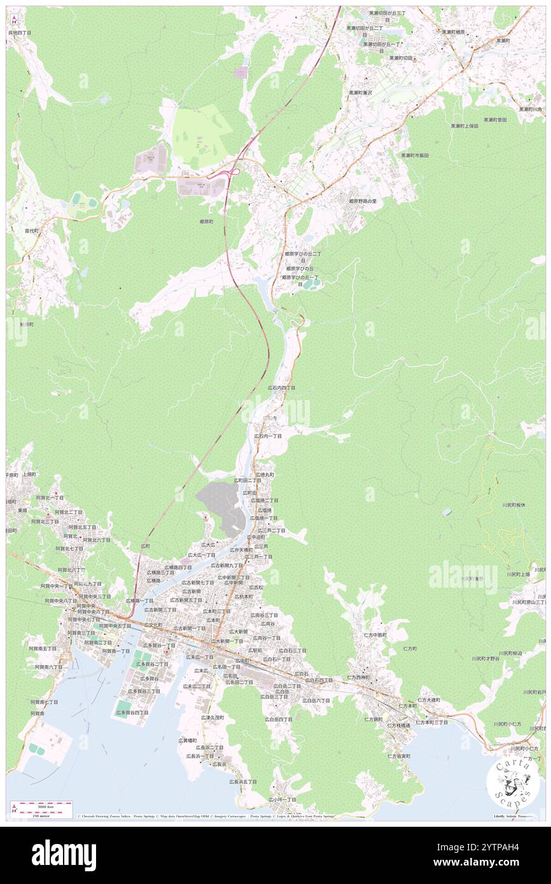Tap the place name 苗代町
pyautogui.click(x=32, y=231)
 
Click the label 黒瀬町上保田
pyautogui.click(x=464, y=126)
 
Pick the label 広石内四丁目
pyautogui.click(x=281, y=387)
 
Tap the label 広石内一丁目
pyautogui.click(x=268, y=436)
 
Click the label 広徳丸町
pyautogui.click(x=265, y=474)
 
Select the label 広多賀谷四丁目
pyautogui.click(x=132, y=713)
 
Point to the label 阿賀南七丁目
pyautogui.click(x=44, y=702)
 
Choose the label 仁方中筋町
pyautogui.click(x=375, y=635)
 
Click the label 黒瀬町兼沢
pyautogui.click(x=360, y=93)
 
